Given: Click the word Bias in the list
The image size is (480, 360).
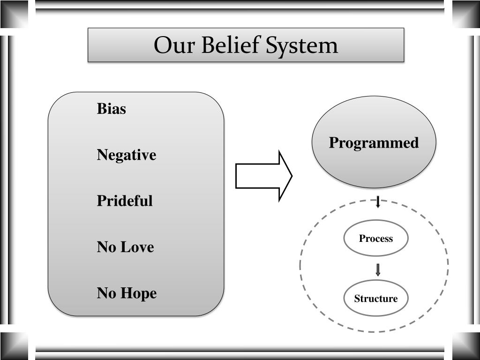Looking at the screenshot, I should click(x=112, y=109).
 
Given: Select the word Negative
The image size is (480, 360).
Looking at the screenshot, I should click(x=127, y=155).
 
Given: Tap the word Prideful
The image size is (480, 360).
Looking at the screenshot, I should click(x=125, y=201).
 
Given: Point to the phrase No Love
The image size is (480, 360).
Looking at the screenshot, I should click(x=125, y=247).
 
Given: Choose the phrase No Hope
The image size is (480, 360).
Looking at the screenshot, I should click(x=127, y=293).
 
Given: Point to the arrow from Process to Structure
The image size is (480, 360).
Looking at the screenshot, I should click(x=378, y=270).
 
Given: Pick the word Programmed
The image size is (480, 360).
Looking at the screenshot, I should click(x=374, y=142).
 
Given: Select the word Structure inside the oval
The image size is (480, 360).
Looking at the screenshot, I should click(x=375, y=299).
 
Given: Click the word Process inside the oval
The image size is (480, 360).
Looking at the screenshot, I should click(x=375, y=239).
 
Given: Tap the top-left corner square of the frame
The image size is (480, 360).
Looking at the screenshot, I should click(x=14, y=14).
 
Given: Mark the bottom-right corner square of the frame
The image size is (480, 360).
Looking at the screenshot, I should click(x=466, y=346).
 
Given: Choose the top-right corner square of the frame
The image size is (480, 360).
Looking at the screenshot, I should click(x=466, y=14).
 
